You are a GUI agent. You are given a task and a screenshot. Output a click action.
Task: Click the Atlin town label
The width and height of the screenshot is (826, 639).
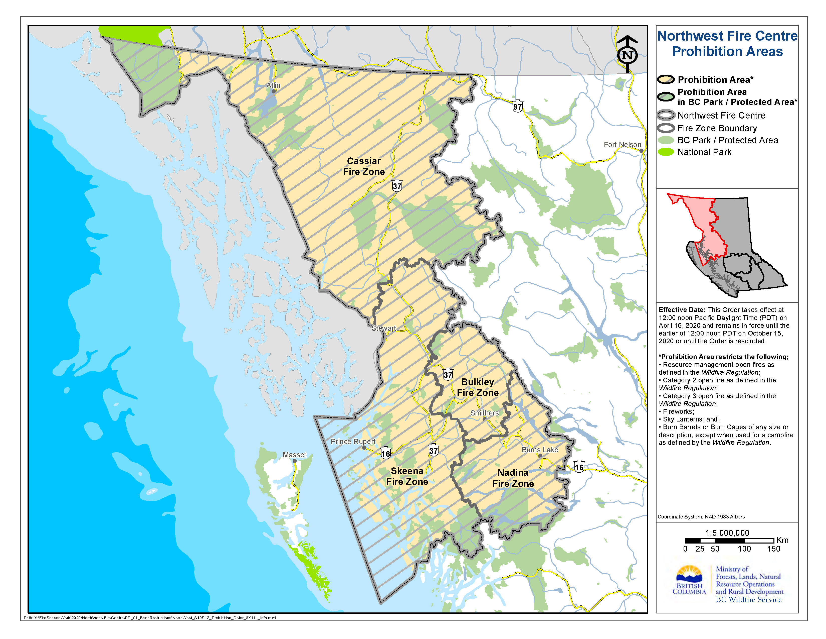[273, 85]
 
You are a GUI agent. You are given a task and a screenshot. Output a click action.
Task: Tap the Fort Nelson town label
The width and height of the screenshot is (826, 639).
[622, 145]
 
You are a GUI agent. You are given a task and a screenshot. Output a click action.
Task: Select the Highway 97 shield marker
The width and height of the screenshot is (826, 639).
[517, 107]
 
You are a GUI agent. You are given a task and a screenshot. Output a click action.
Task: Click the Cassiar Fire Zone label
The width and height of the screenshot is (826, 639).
[363, 166]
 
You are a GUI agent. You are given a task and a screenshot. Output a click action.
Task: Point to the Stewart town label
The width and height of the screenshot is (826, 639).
[383, 328]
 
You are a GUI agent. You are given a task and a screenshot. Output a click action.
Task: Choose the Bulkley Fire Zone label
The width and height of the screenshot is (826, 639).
[477, 387]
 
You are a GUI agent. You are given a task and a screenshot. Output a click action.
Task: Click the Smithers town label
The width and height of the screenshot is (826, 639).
[484, 413]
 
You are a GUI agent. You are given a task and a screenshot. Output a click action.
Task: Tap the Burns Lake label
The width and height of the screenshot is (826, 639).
[540, 450]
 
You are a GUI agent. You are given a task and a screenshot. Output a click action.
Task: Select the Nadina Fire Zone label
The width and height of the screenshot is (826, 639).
[513, 478]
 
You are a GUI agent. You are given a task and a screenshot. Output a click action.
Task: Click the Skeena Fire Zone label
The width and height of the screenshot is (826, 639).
[407, 476]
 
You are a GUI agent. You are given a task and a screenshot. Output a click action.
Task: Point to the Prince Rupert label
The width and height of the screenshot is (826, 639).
[353, 441]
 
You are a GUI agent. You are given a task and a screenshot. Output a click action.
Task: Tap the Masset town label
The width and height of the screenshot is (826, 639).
[294, 455]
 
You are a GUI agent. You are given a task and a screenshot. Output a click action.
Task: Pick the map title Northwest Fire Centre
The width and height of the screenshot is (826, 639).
[727, 36]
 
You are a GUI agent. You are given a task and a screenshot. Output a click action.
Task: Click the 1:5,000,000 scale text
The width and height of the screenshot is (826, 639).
[727, 533]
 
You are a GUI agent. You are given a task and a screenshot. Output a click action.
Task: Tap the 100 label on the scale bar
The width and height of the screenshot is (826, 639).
[744, 549]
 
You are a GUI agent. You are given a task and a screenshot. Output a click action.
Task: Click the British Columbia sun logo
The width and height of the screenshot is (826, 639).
[689, 574]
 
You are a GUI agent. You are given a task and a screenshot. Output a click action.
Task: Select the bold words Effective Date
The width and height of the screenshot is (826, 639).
[682, 310]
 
